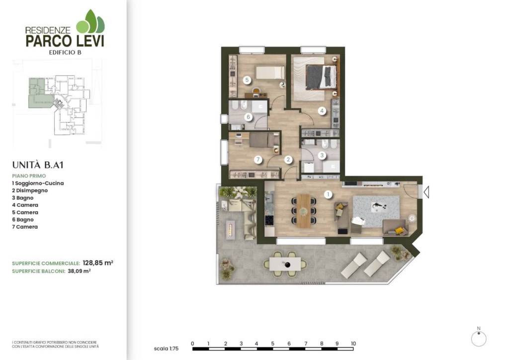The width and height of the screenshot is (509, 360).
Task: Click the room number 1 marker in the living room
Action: [328, 194]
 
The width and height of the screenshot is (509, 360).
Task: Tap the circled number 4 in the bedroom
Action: [322, 111]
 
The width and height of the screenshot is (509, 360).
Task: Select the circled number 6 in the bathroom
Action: [249, 117]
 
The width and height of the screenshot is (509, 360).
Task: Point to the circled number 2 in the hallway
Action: [288, 160]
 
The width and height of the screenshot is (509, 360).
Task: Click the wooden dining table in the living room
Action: [304, 211]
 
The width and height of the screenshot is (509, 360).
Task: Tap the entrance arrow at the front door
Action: [426, 192]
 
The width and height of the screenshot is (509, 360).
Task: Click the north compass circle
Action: [479, 339]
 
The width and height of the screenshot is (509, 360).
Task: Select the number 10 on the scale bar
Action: [353, 344]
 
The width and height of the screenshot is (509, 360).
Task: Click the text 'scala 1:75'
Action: [166, 349]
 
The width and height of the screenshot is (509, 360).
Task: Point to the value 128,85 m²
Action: [98, 263]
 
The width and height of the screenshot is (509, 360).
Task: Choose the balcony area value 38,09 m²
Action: [79, 271]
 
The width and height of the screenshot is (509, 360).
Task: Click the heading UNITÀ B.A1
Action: [38, 165]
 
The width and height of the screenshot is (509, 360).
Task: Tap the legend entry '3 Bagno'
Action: [23, 198]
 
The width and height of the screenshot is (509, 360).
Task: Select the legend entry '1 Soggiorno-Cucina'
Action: [38, 183]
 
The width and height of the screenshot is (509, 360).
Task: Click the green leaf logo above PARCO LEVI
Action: [90, 21]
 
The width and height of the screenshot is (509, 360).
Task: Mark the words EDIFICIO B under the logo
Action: [65, 52]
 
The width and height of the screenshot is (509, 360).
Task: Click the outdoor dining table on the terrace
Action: [285, 264]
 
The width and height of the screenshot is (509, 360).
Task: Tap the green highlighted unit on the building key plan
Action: [39, 93]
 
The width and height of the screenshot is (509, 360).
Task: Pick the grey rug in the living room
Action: [376, 211]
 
